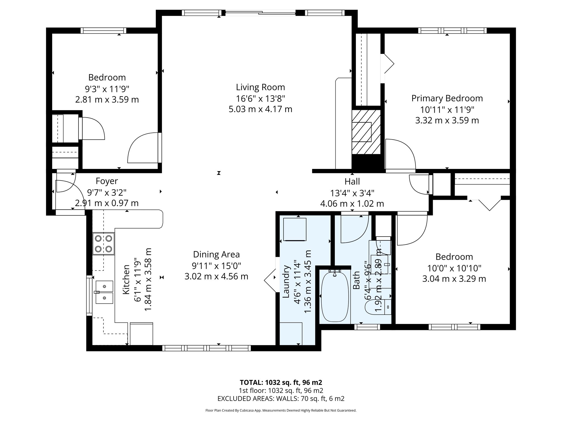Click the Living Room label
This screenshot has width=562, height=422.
pos(260,87)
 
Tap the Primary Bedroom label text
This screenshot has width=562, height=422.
pos(447,98)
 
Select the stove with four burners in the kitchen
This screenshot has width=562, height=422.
pos(103,243)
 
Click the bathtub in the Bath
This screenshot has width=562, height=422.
pos(335,296)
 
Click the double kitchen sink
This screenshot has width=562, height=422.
pos(104,292)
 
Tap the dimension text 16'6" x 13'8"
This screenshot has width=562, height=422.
pos(260,98)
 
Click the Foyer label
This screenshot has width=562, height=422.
pos(107,181)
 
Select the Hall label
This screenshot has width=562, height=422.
pos(352,182)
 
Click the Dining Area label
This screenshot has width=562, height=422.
pos(216,254)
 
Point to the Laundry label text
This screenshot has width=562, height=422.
pos(286,281)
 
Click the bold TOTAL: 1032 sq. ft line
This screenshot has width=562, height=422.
pos(281,382)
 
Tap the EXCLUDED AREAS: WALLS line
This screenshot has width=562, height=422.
pos(281,398)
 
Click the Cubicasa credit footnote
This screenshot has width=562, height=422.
pos(281,410)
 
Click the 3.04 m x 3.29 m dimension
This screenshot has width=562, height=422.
pos(454,279)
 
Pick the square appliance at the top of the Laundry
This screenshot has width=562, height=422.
pos(295,229)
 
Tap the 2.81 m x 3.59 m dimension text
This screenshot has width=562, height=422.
pos(107,99)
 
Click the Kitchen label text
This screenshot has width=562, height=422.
pos(126,279)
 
